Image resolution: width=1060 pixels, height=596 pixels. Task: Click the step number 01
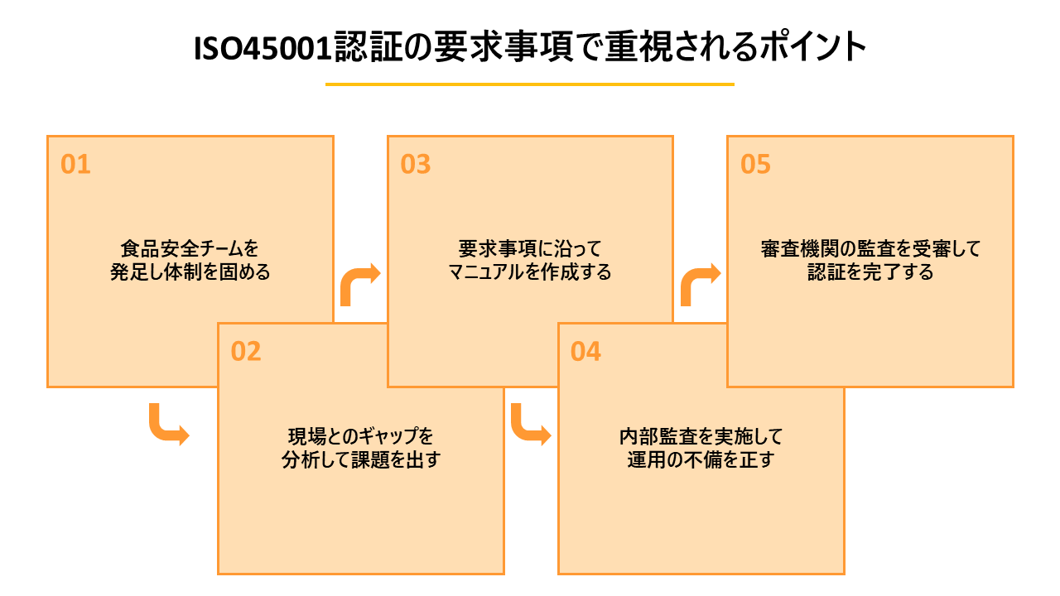pos(75,164)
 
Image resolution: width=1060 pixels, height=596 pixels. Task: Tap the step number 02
pos(246,352)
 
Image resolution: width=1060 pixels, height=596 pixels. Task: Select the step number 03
pos(416,164)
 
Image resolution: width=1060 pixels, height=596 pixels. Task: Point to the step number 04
pos(585,352)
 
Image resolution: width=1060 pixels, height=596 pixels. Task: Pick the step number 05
pos(755,164)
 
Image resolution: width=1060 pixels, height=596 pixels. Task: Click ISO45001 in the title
pos(263,48)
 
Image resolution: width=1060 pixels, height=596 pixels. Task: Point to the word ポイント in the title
pos(813,47)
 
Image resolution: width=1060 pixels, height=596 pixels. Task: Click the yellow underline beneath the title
pos(529,84)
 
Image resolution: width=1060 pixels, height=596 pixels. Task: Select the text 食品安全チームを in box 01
pos(190,249)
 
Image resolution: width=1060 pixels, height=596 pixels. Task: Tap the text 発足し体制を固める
pos(190,272)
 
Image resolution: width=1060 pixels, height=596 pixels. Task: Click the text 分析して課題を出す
pos(361,459)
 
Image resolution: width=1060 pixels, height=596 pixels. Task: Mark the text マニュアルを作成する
pos(530,272)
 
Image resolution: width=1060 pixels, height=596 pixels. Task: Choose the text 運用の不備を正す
pos(701,459)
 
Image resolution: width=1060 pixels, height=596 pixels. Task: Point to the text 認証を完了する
pos(870,272)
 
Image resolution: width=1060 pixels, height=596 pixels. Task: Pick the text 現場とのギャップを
pos(361,436)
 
